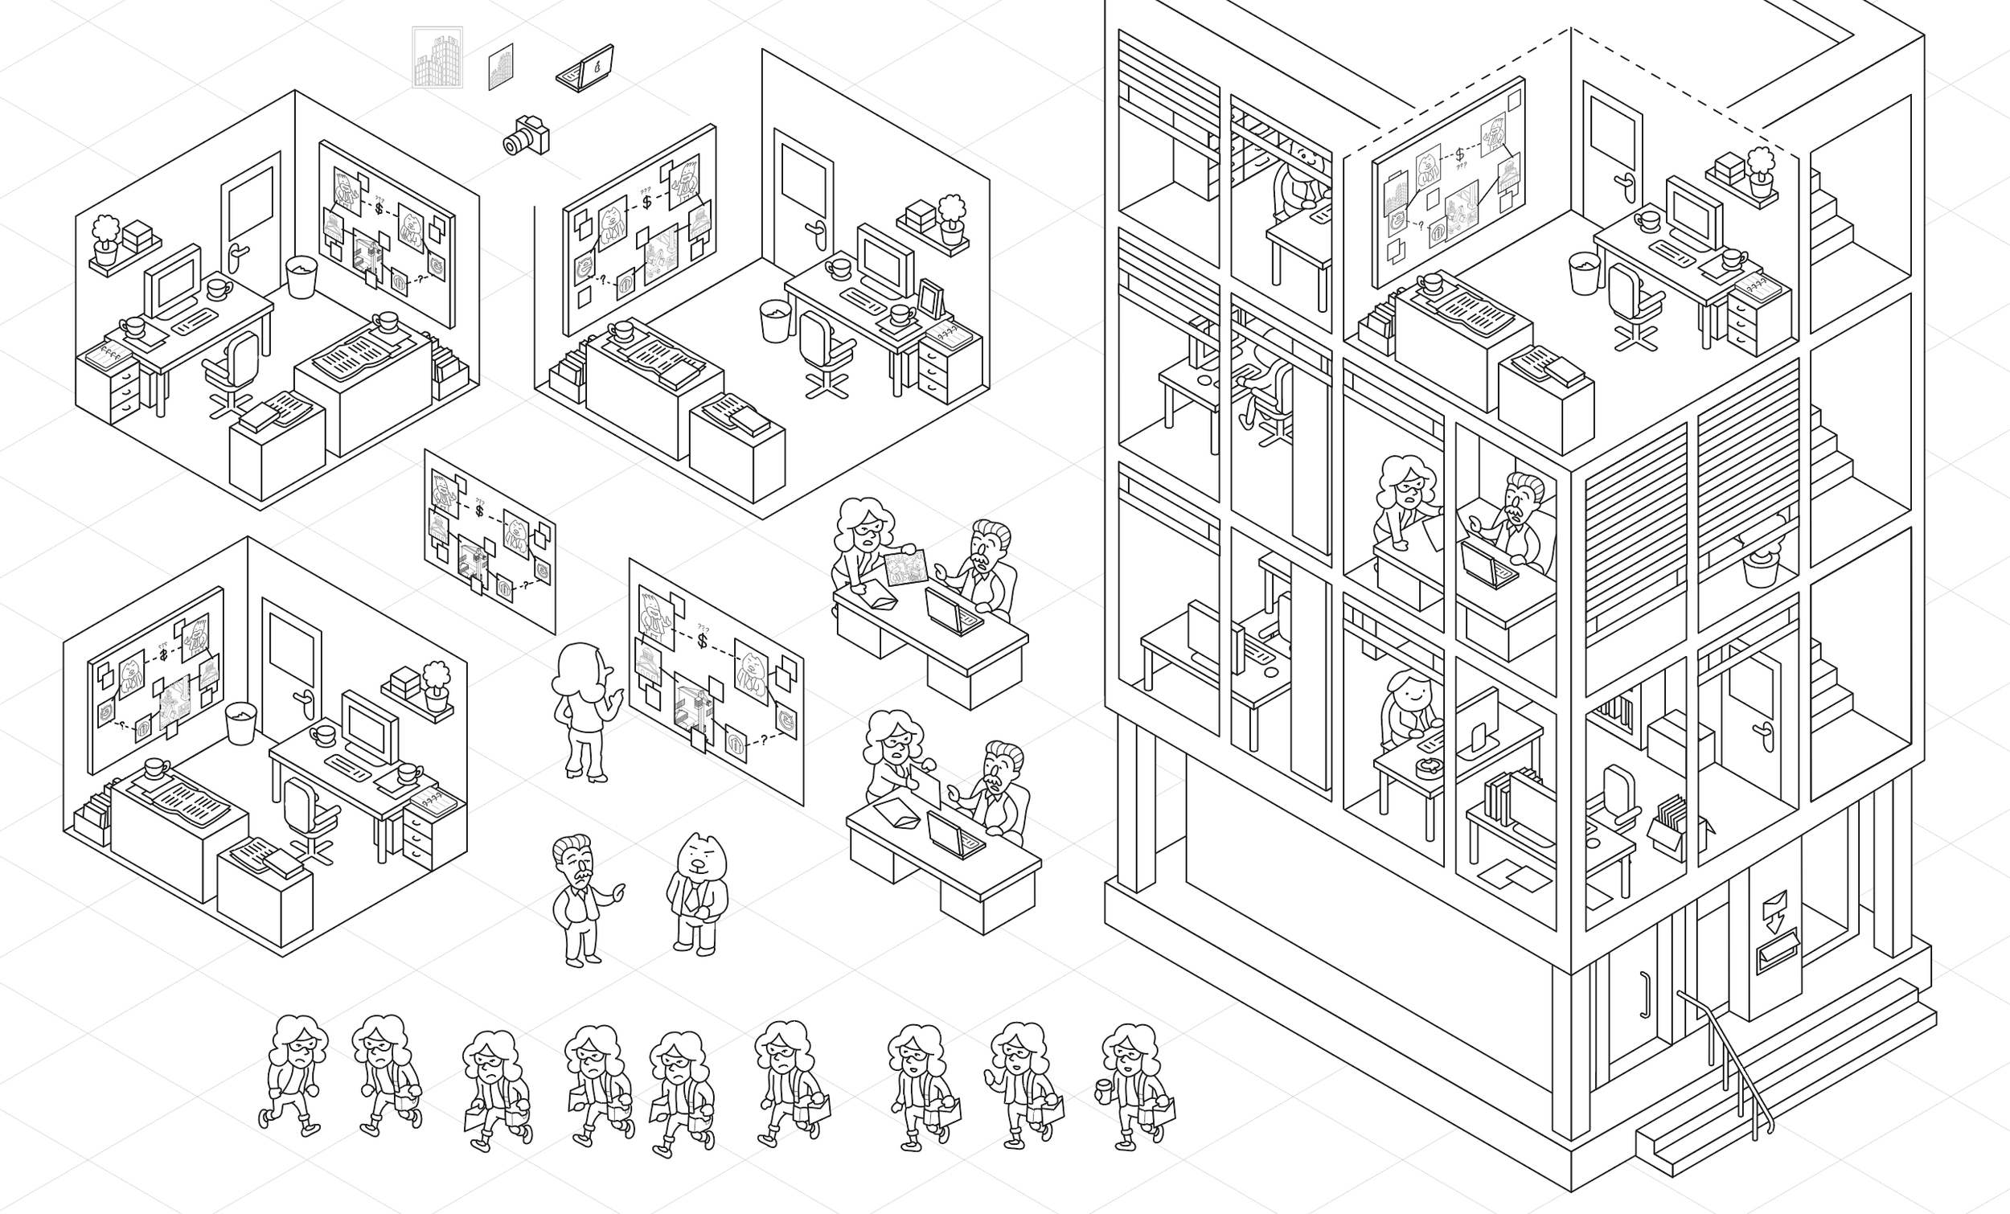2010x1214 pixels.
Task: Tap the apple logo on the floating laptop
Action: click(x=599, y=66)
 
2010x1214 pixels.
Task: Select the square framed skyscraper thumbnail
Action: click(x=437, y=57)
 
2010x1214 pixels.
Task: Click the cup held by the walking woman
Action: click(x=1104, y=1089)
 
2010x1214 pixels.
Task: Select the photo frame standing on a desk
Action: click(x=930, y=297)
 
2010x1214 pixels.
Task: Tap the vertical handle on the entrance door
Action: click(x=1643, y=995)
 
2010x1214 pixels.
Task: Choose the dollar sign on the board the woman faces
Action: click(x=703, y=641)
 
